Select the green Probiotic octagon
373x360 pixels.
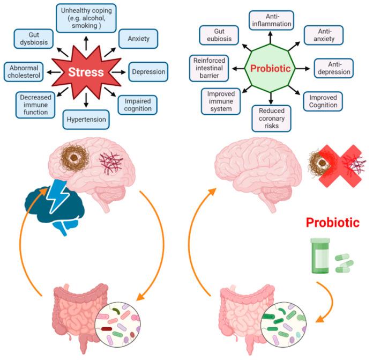(271, 69)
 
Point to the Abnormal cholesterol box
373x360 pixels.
(26, 71)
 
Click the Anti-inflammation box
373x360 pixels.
(271, 20)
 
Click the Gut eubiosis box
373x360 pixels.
(218, 36)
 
